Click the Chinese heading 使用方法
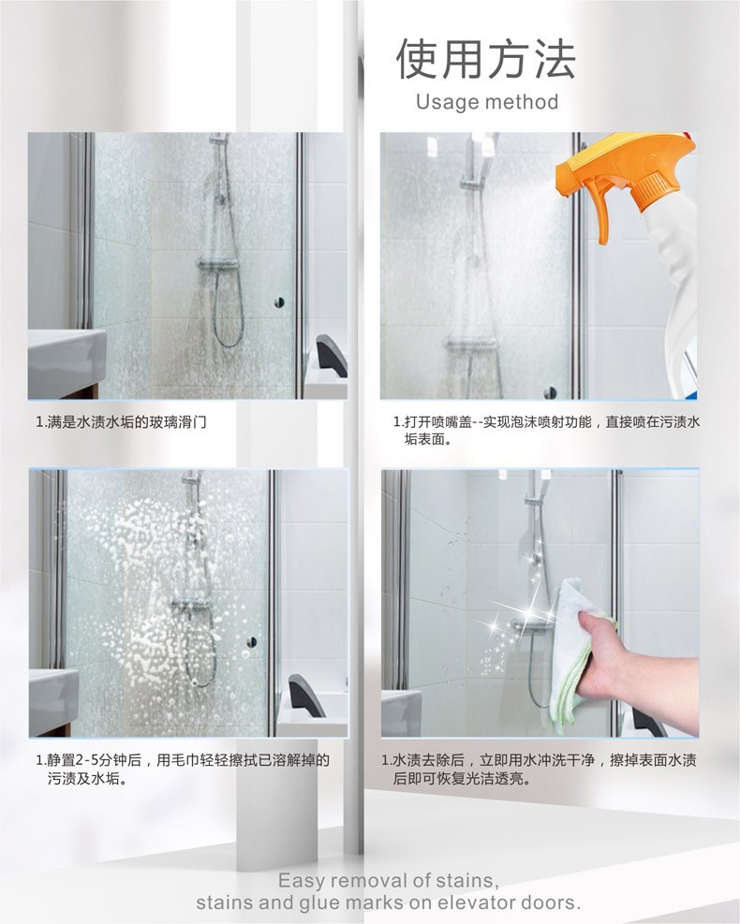click(485, 59)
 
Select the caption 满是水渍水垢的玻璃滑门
click(121, 422)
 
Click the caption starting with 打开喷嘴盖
click(547, 431)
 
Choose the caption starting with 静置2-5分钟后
click(183, 769)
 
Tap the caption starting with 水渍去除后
click(539, 769)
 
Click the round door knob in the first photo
click(279, 302)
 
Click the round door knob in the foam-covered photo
click(252, 641)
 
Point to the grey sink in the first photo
click(67, 361)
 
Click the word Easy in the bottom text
click(301, 882)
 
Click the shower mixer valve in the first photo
click(217, 264)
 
